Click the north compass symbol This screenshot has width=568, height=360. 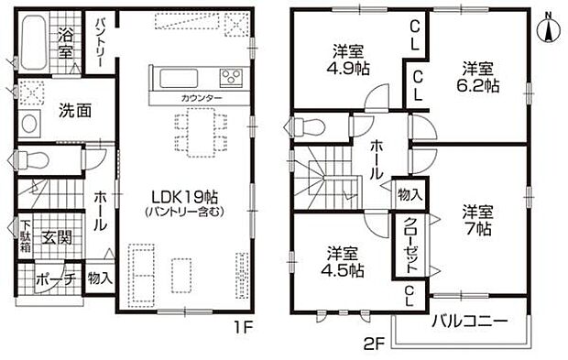(549, 27)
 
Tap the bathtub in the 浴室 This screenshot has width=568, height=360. (33, 42)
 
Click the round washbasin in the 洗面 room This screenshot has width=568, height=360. (29, 124)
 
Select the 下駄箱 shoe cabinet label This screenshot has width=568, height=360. (26, 236)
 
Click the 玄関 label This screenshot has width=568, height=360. (56, 237)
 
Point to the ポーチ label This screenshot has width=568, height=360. (56, 279)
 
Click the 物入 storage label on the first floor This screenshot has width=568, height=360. (100, 278)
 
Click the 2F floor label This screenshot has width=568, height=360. (374, 343)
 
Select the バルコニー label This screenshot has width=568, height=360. (470, 321)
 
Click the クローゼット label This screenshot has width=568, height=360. (410, 245)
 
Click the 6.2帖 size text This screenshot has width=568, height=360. (477, 85)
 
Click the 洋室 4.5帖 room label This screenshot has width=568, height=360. (343, 261)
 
